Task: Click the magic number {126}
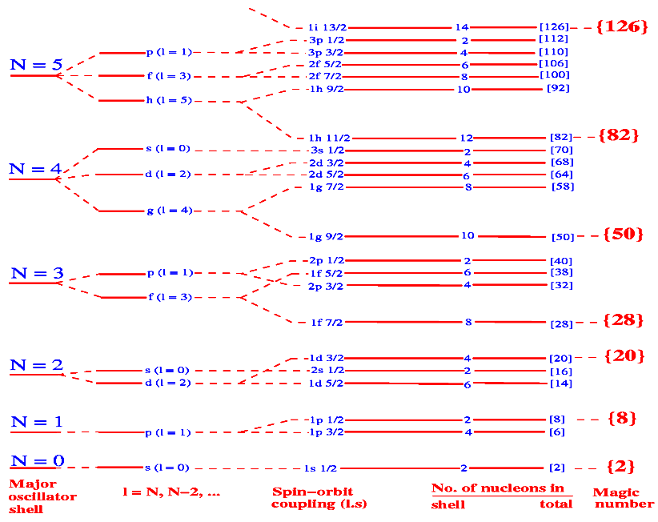click(622, 26)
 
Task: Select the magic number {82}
click(619, 135)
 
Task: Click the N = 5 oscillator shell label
click(36, 65)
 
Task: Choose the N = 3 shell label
click(36, 273)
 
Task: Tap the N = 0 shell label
click(36, 462)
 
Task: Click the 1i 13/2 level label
click(327, 27)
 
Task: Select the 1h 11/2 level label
click(327, 139)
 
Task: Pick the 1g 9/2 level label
click(327, 237)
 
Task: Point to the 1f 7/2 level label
click(327, 323)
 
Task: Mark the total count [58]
click(563, 187)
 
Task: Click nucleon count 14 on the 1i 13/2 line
click(462, 27)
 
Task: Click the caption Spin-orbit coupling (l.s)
click(311, 497)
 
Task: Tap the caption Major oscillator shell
click(42, 496)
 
